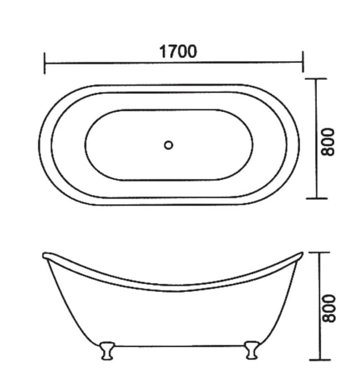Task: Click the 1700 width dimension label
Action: (178, 52)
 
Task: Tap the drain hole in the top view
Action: (169, 145)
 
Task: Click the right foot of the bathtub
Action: (250, 351)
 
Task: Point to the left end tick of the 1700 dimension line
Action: (45, 63)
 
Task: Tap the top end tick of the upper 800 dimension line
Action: (317, 79)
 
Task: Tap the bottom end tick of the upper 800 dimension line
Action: (317, 198)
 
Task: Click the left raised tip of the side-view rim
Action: (45, 256)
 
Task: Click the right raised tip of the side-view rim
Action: (301, 255)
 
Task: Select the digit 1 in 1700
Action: (162, 52)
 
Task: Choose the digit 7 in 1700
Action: (172, 52)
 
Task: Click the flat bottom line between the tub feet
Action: (177, 346)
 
